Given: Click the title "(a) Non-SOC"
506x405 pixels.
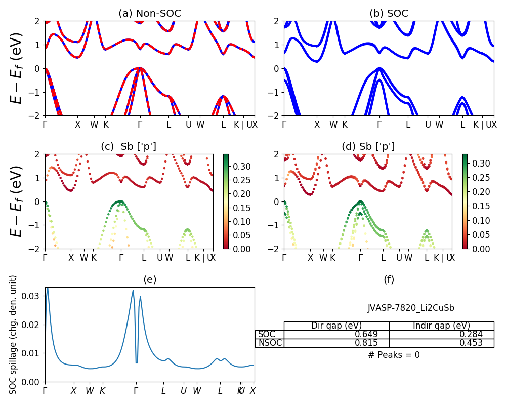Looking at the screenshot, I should click(149, 14).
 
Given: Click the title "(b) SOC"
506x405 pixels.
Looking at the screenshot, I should click(389, 14).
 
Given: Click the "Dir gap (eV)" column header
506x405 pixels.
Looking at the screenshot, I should click(336, 326).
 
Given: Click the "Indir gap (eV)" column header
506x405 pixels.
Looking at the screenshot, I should click(441, 326).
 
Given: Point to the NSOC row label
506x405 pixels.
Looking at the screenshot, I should click(270, 343).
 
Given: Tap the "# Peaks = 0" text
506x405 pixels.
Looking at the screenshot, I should click(394, 355).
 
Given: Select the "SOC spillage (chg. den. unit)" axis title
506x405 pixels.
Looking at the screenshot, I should click(14, 335).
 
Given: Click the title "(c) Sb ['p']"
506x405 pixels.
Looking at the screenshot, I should click(129, 147).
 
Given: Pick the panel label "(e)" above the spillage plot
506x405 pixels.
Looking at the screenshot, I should click(150, 279).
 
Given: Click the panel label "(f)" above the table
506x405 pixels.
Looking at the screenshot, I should click(389, 279).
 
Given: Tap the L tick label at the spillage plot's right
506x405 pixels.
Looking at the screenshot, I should click(220, 391).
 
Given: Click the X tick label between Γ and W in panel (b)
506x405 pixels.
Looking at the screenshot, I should click(317, 125).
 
